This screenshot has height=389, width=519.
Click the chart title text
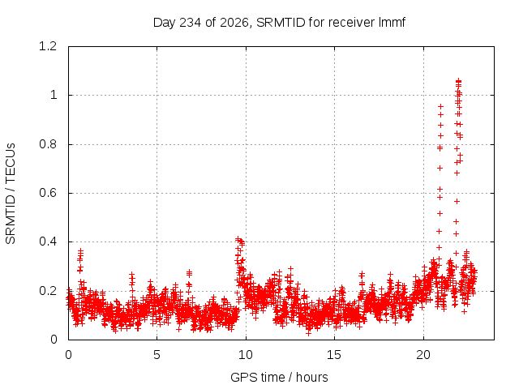coord(279,23)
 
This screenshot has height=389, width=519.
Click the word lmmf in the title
coord(392,22)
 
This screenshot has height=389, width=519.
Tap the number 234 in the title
coord(190,23)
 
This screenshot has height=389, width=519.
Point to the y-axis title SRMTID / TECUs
coord(11,194)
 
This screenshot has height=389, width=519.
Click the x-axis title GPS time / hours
coord(279,377)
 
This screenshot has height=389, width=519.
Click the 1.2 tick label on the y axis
coord(48,46)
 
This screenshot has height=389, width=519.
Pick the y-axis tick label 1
coord(54,96)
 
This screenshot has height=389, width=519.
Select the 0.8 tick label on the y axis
coord(48,144)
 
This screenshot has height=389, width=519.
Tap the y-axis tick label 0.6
coord(48,193)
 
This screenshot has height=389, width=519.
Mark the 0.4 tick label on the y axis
coord(48,242)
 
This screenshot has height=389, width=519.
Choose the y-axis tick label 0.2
coord(48,291)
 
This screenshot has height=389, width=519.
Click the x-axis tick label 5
coord(157,355)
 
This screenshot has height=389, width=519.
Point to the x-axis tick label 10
coord(246,355)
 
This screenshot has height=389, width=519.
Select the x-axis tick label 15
coord(334,355)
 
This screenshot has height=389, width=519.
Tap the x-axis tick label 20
coord(423,355)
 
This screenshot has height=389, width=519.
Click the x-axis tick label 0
coord(68,355)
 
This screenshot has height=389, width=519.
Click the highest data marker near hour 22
coord(458,81)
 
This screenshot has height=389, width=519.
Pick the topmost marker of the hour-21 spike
coord(440,106)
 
